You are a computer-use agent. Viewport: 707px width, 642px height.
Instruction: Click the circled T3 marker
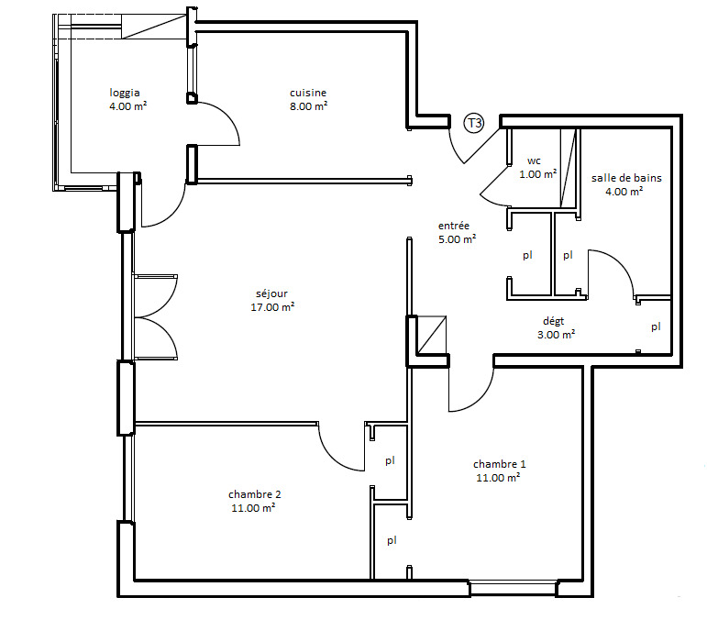tap(474, 123)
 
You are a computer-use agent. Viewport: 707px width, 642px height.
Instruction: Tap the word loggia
tap(125, 93)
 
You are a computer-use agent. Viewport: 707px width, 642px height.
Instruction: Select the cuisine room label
tap(308, 93)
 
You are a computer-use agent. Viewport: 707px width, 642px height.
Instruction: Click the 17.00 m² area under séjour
tap(272, 307)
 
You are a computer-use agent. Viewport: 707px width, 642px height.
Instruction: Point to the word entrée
tap(454, 226)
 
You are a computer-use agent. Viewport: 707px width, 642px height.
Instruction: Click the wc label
tap(534, 160)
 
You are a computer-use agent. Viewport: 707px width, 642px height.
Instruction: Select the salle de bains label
tap(626, 178)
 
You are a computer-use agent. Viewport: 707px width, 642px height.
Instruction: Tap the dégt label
tap(553, 321)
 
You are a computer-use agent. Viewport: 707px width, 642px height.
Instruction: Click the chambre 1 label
tap(499, 464)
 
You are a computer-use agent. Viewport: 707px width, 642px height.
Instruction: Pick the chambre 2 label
tap(255, 494)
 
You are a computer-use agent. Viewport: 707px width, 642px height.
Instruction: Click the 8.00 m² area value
tap(308, 106)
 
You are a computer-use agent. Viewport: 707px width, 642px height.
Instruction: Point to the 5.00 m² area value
tap(458, 239)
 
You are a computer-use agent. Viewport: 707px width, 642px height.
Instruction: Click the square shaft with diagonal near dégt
tap(432, 335)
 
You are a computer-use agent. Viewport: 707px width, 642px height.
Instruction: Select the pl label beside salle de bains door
tap(656, 327)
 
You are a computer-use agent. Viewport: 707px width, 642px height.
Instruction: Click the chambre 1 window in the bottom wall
tap(514, 589)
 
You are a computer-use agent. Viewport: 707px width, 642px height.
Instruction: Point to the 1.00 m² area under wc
tap(538, 174)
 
